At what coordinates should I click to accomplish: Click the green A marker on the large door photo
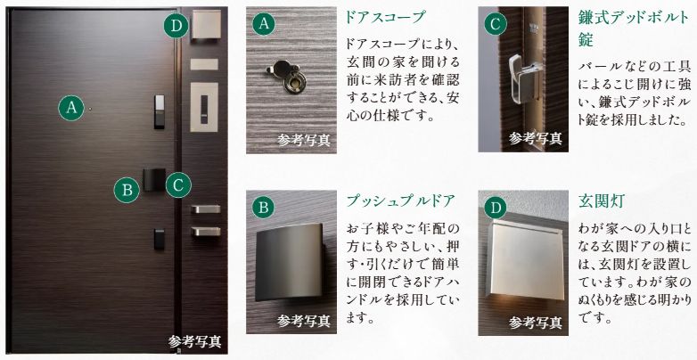(x=72, y=109)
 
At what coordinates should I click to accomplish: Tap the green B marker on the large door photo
(x=127, y=188)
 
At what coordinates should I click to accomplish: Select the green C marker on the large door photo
(x=178, y=184)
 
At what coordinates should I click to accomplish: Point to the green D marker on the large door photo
(x=176, y=26)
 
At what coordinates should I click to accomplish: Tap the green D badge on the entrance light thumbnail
(x=494, y=208)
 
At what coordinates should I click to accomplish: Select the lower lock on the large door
(x=158, y=238)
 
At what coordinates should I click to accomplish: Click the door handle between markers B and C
(x=152, y=181)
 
